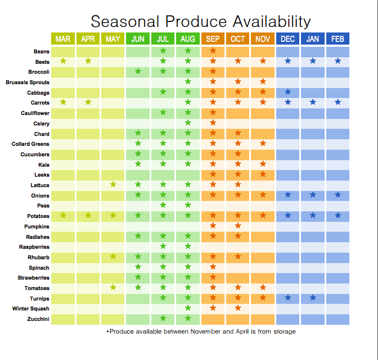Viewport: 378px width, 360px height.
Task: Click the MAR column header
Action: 63,39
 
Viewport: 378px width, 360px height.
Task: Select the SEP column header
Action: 212,39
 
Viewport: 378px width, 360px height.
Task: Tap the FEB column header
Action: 337,39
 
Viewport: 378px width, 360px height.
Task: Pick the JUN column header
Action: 138,39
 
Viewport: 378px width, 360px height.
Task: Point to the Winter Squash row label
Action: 31,309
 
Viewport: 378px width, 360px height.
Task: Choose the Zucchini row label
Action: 37,319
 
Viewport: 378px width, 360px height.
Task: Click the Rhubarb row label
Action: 39,258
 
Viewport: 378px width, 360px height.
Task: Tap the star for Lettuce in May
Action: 113,184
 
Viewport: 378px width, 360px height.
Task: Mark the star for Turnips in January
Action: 313,298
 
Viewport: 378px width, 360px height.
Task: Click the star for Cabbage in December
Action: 288,92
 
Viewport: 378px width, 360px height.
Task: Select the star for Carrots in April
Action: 88,102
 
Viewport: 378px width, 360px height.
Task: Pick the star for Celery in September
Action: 213,123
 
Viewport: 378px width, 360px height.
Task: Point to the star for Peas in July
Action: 163,205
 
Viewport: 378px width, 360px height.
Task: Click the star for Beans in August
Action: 188,51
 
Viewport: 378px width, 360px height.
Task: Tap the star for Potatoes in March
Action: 63,215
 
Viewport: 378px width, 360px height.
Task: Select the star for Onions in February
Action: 338,195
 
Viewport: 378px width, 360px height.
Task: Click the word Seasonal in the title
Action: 125,21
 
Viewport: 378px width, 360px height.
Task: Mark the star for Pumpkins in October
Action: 238,226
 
